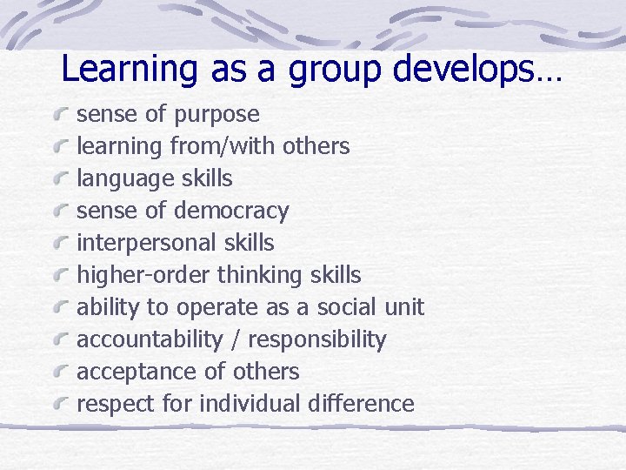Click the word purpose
216,115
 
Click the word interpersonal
137,243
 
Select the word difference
363,404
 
